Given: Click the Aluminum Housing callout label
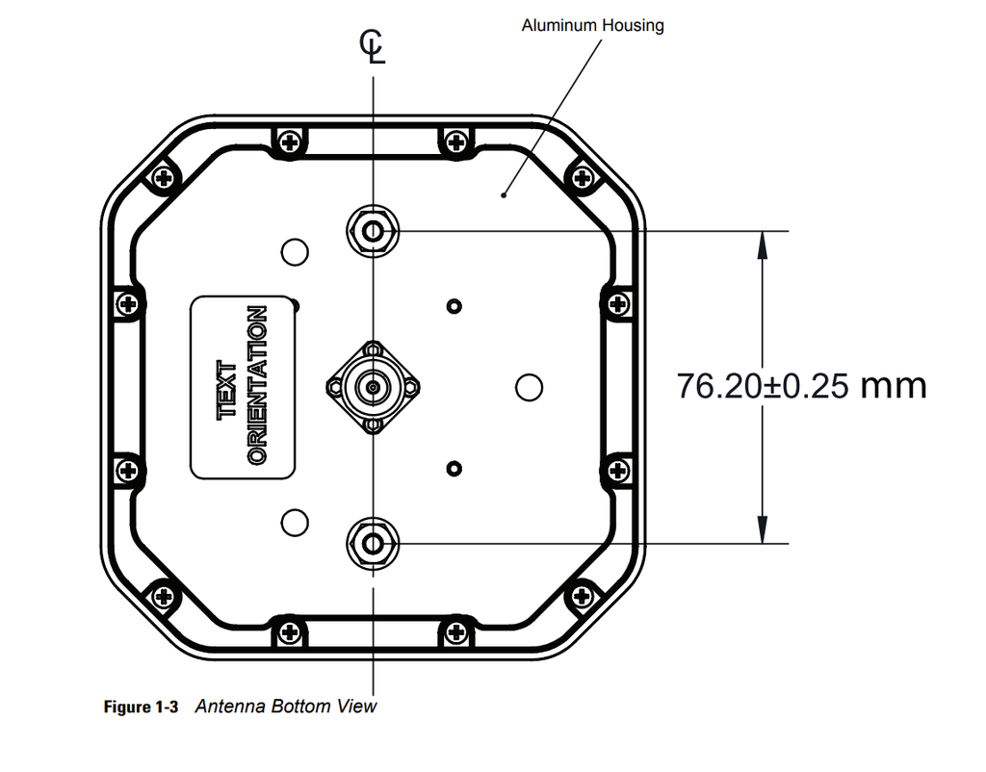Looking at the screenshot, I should point(592,25).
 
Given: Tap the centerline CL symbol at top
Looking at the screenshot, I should point(373,46).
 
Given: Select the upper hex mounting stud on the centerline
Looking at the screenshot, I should point(372,230).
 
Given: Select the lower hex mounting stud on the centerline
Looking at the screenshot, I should point(372,543).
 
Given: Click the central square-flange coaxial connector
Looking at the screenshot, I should point(372,387).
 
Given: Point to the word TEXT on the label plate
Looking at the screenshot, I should point(228,389).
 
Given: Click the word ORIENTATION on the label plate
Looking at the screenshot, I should point(257,386).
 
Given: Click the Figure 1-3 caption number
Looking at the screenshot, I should point(141,708).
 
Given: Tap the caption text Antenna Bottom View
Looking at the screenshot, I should point(286,707).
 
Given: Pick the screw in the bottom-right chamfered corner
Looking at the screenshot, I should point(581,596).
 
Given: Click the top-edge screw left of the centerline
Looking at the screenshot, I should point(289,142).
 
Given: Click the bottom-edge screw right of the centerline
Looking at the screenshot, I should point(455,631).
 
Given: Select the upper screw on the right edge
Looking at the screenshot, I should point(617,304).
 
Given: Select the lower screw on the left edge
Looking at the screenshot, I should point(127,470).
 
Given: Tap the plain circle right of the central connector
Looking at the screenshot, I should point(529,387).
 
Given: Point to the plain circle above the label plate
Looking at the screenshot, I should point(295,252).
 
